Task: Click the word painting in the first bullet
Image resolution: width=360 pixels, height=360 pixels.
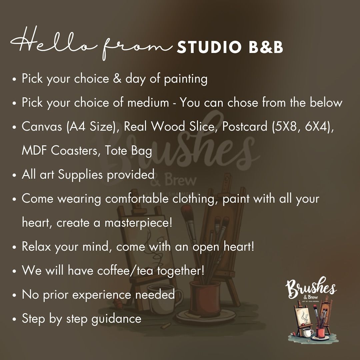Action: click(186, 79)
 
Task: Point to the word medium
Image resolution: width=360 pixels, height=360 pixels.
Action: click(148, 102)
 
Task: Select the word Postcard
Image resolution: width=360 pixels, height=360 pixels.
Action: click(245, 127)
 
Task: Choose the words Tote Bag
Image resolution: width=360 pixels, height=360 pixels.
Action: click(128, 151)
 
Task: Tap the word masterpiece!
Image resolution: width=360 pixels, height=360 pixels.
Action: click(138, 223)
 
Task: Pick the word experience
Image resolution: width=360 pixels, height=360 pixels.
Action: click(102, 295)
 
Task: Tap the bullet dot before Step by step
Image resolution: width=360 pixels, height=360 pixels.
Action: click(14, 319)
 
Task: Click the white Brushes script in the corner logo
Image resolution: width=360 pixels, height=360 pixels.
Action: click(311, 287)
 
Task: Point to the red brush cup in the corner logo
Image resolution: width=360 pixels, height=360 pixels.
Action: click(320, 332)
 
